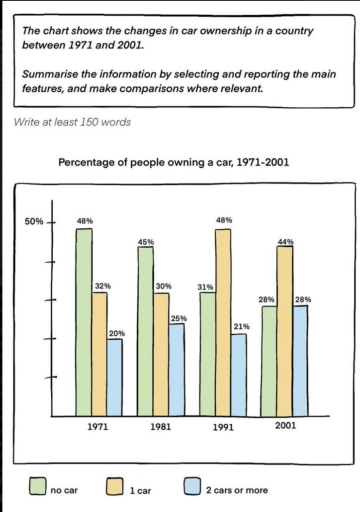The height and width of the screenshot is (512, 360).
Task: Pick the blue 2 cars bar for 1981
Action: click(176, 369)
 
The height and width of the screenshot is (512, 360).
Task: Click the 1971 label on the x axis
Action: click(98, 427)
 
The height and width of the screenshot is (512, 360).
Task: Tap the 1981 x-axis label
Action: click(161, 427)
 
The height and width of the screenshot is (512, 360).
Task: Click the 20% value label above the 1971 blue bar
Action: click(116, 332)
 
